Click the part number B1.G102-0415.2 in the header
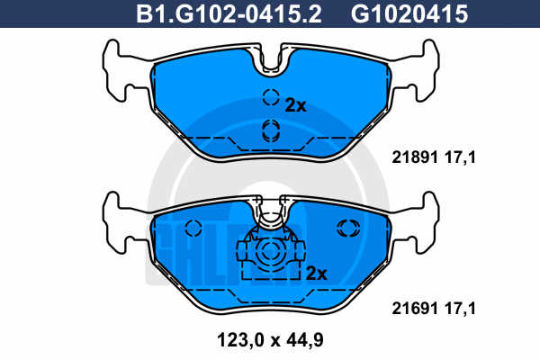pos(229,13)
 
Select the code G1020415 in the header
pos(409,13)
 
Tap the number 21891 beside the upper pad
pos(415,157)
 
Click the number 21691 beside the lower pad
pos(415,309)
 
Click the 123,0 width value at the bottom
pos(240,340)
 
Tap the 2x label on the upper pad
pos(295,106)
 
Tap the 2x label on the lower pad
pos(316,274)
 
